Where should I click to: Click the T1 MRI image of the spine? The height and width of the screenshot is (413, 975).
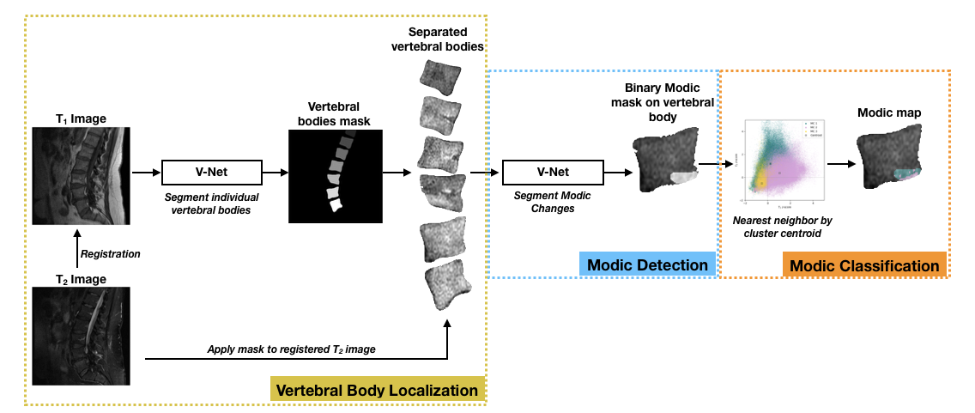pyautogui.click(x=81, y=175)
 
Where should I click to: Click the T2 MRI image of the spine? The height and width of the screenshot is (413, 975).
pyautogui.click(x=81, y=335)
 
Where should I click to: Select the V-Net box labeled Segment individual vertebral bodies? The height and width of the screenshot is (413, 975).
pyautogui.click(x=212, y=172)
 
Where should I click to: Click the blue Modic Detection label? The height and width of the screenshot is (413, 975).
pyautogui.click(x=648, y=264)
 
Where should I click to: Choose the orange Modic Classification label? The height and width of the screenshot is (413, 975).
pyautogui.click(x=864, y=265)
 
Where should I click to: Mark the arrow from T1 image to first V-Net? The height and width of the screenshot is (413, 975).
pyautogui.click(x=146, y=172)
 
